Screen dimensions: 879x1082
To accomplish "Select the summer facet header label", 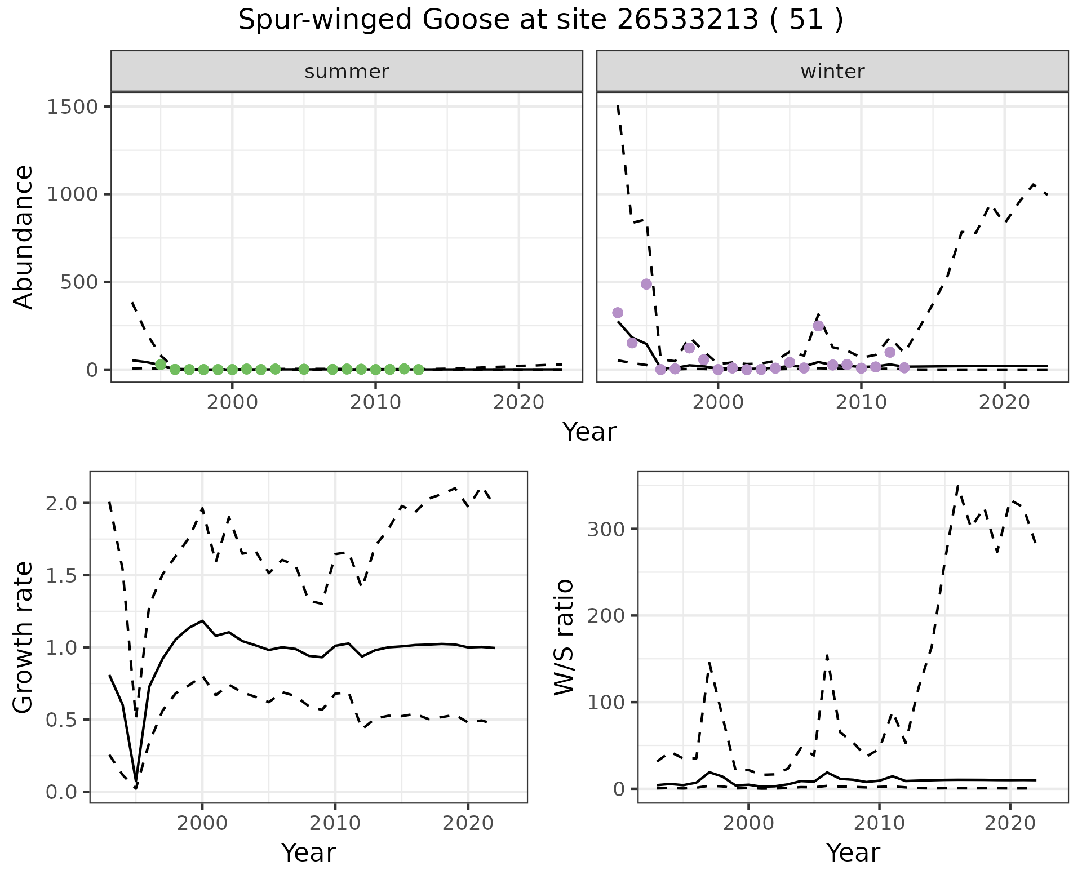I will (x=347, y=72).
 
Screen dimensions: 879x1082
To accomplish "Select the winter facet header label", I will (x=832, y=72).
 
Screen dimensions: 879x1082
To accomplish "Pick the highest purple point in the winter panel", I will (x=646, y=284).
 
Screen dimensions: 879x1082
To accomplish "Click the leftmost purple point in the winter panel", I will (x=618, y=313).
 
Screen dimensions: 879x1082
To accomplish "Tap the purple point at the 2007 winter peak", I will (x=818, y=326).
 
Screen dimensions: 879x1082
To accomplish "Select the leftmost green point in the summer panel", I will (x=161, y=365).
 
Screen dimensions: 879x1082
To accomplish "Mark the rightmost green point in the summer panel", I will (x=418, y=370).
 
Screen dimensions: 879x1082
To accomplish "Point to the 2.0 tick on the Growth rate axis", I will (x=62, y=503).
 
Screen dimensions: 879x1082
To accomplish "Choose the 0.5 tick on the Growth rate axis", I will (x=62, y=720).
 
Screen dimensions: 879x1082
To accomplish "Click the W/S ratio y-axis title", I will (x=564, y=638).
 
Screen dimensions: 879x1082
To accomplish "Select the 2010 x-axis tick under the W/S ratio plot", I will (x=879, y=823).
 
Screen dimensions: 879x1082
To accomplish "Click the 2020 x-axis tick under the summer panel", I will (x=519, y=403).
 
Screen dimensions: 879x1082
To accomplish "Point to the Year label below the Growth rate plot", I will (x=308, y=853).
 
